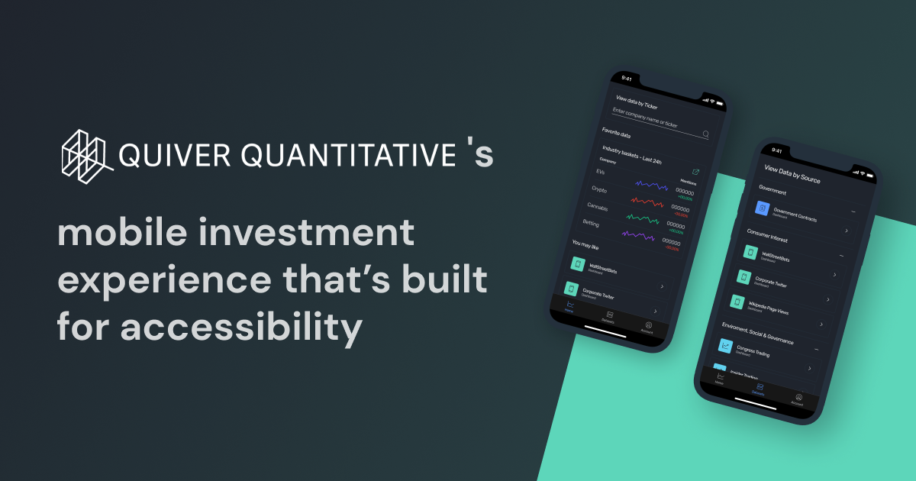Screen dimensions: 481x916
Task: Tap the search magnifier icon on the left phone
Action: [705, 134]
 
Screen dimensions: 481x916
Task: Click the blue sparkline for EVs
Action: [653, 186]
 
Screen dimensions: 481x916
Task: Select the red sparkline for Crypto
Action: [647, 202]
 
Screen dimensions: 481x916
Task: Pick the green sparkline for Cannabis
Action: [643, 219]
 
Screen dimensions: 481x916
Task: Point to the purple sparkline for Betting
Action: [638, 235]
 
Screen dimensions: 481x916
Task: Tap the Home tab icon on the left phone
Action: [569, 305]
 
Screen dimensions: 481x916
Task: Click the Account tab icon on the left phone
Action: [649, 325]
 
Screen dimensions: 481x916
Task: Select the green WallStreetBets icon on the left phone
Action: [577, 263]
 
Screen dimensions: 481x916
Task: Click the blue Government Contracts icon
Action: [761, 208]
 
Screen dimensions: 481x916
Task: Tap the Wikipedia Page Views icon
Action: [737, 302]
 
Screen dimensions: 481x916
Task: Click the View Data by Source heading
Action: [792, 173]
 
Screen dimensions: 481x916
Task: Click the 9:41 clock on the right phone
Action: [777, 150]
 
